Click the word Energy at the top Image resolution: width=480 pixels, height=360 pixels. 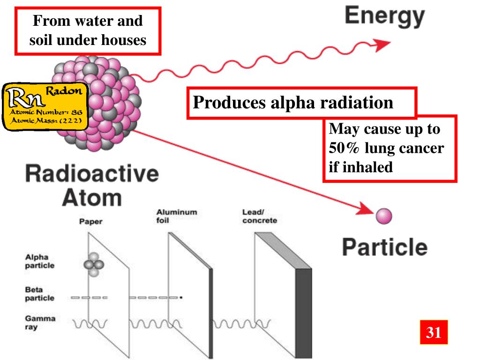[x=384, y=17]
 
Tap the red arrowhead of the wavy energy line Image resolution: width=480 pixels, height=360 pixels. [x=384, y=45]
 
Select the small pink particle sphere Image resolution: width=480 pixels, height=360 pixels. [x=383, y=216]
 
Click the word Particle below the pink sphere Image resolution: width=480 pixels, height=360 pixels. [x=384, y=247]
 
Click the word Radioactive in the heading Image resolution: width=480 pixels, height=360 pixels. [x=92, y=174]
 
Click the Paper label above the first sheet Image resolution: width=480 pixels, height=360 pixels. [x=90, y=222]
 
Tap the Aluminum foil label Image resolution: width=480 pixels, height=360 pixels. [x=176, y=216]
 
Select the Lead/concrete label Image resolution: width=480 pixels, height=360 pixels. [x=259, y=216]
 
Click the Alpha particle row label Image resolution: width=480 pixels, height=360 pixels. [x=39, y=261]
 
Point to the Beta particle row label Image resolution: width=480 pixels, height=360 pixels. [x=39, y=294]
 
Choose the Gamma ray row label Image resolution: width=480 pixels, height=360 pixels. [x=39, y=322]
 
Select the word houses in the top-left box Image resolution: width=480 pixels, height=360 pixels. [x=124, y=40]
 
